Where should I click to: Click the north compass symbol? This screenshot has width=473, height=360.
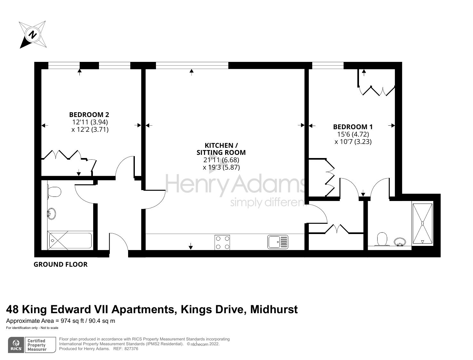click(32, 34)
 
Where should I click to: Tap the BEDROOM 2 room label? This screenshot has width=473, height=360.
click(89, 114)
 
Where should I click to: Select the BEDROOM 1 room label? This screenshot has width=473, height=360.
click(353, 127)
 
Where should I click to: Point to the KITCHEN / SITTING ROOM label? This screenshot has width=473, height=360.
click(221, 149)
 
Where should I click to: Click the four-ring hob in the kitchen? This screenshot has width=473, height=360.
click(222, 242)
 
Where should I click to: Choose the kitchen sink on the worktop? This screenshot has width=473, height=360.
click(278, 242)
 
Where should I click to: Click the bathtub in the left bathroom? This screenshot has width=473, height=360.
click(70, 241)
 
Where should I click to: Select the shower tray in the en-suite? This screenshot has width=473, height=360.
click(422, 223)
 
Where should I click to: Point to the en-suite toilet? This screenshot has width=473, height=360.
click(382, 239)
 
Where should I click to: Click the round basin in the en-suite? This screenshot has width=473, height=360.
click(399, 241)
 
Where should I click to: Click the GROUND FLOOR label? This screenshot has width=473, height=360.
click(61, 264)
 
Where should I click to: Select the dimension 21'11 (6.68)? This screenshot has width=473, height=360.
click(221, 160)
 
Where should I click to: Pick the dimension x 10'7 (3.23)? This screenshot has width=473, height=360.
click(353, 142)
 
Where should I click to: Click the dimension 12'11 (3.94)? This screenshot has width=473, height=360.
click(90, 122)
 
